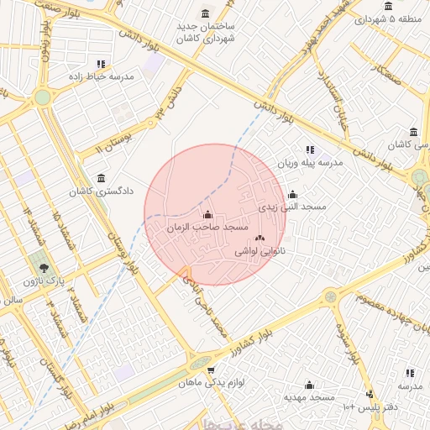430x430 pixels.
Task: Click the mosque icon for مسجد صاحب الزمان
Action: point(207,214)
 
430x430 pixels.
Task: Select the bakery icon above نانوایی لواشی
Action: point(259,239)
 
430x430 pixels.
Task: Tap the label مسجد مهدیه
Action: point(308,396)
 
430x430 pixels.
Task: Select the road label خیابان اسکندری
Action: point(332,92)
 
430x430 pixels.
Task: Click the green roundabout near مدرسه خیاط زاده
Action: point(42,97)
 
